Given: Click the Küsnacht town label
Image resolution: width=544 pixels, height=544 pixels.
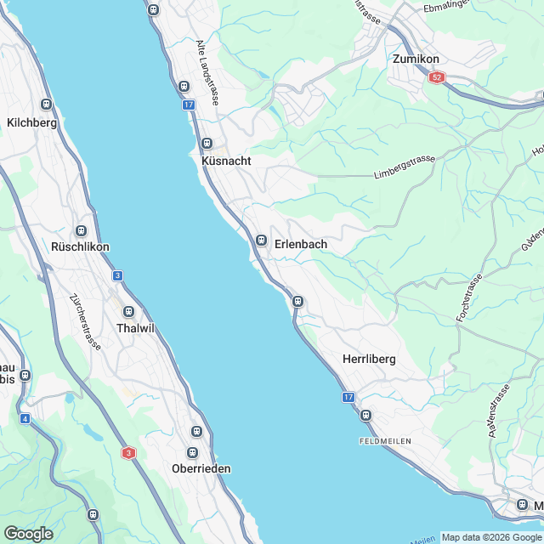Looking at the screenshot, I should coord(227,161).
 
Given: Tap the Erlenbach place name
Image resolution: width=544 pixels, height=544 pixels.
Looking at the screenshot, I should coord(301,244).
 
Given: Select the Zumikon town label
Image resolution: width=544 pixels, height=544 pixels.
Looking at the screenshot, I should coord(416,59).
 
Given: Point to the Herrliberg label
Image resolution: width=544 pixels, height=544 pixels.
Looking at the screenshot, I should coord(369,360).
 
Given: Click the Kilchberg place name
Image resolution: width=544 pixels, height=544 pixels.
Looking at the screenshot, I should coord(31,122).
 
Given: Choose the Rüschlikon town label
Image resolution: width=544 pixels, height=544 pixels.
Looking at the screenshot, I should coord(81,247).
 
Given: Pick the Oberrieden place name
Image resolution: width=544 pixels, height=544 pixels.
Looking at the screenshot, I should coord(201,468).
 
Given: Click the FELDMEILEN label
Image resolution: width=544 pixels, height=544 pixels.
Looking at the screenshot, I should coord(386,442).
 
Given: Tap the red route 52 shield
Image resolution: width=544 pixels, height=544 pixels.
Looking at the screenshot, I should coord(437,77).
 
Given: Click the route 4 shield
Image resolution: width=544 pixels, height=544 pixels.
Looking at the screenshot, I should coord(25,418).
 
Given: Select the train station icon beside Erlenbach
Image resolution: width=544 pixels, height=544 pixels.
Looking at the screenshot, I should coord(262,241).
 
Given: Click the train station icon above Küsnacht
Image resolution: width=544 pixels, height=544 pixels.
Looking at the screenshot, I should coord(207,144).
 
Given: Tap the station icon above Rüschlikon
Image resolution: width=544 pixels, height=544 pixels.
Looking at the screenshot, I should coord(82,230).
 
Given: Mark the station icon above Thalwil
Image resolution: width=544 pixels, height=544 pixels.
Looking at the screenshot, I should coord(128,312).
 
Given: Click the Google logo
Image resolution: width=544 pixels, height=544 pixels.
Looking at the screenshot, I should coord(28,534).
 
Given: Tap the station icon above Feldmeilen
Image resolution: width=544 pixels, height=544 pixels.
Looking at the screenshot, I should coord(365,415).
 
